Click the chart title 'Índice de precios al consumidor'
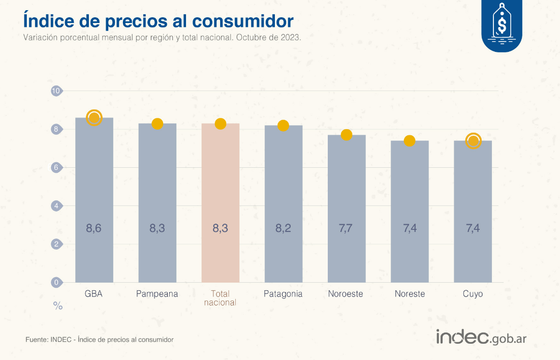pos(158,20)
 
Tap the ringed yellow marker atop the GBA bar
pos(94,117)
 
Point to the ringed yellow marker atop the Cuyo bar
pos(473,141)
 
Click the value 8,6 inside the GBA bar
pos(94,228)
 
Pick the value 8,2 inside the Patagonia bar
pos(283,228)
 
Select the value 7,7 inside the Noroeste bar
pos(346,228)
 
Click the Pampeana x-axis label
pos(157,294)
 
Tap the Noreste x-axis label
pos(410,294)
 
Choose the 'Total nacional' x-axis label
pos(220,298)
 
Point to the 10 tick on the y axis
pos(56,91)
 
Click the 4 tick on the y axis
pos(56,206)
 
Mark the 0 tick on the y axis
pos(56,282)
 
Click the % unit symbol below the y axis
pos(58,306)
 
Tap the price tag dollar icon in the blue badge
pos(502,23)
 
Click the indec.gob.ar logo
pos(481,337)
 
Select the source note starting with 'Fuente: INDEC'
pos(100,339)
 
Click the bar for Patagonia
pos(283,203)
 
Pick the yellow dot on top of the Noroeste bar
pos(347,135)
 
